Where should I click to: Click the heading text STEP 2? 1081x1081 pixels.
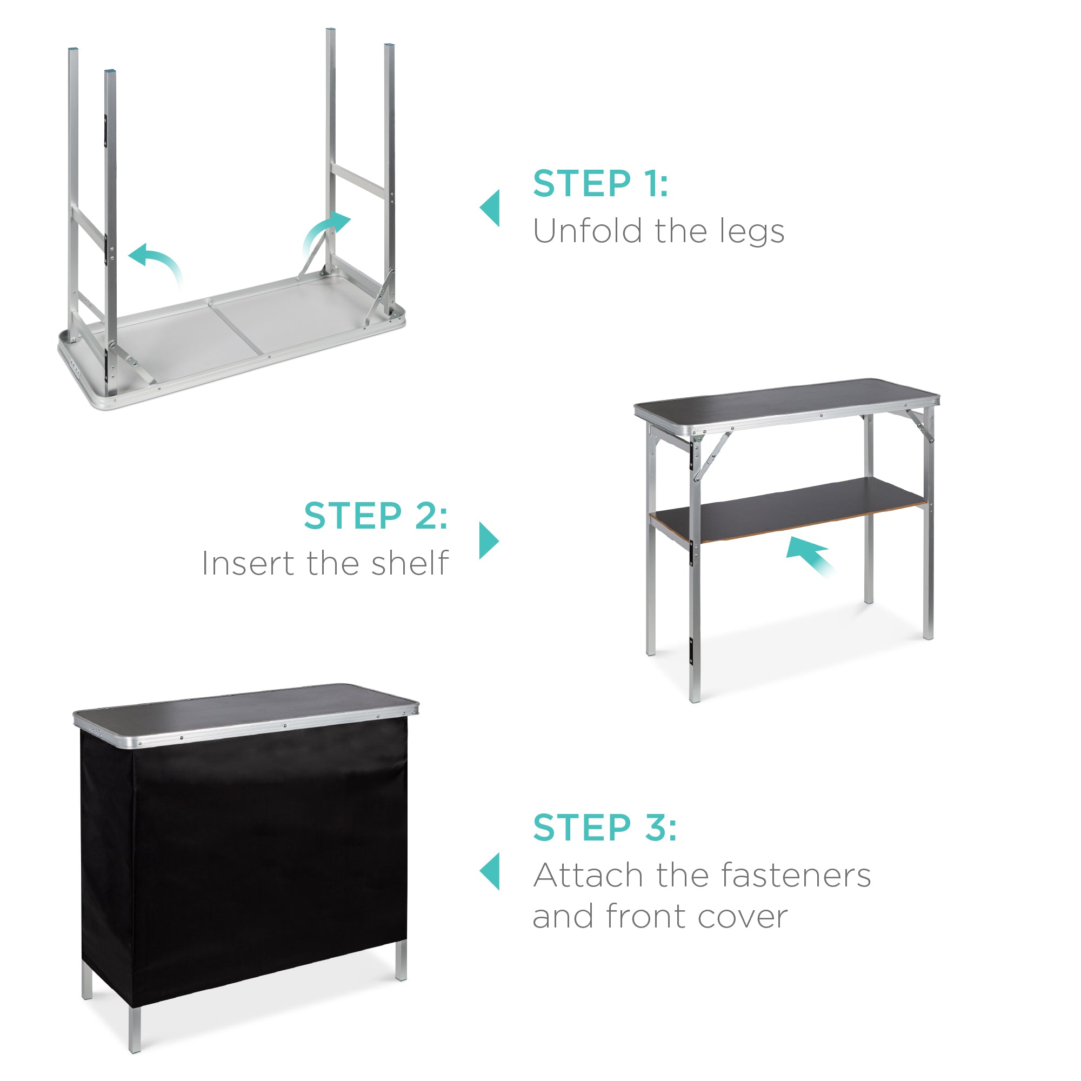376,515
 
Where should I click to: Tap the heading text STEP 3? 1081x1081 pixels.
604,827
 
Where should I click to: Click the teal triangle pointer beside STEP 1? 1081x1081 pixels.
491,208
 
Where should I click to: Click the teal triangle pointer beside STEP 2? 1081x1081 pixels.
489,540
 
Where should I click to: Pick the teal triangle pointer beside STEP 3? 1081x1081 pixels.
491,871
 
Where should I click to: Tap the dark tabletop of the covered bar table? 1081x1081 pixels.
246,706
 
